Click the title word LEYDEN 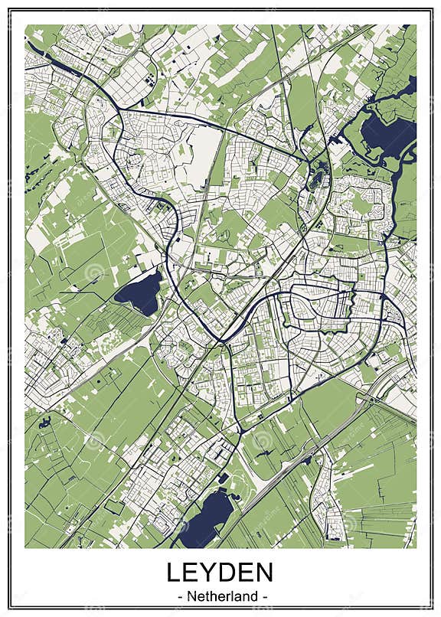tap(220, 573)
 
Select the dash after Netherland tap(263, 594)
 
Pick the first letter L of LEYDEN tap(175, 573)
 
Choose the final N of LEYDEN tap(263, 573)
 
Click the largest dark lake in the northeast tap(387, 134)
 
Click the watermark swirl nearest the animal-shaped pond tap(93, 441)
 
